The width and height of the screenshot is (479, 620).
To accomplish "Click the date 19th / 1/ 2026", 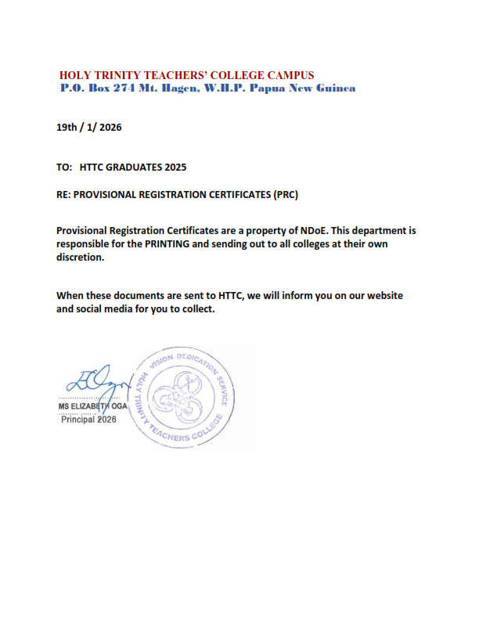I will coord(89,126).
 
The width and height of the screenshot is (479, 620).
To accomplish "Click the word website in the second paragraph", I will coord(382,296).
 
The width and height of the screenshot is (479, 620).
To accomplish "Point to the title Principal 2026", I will coord(88,420).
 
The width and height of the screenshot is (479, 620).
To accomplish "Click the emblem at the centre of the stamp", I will coord(181,399).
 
